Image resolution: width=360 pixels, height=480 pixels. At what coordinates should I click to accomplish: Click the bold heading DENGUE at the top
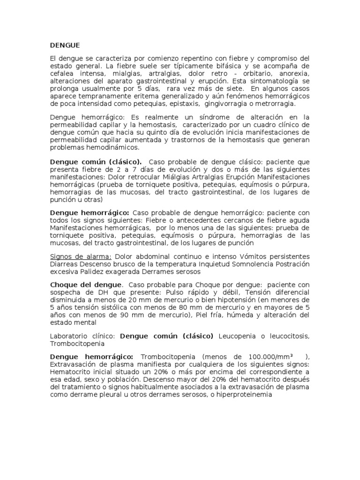(x=65, y=45)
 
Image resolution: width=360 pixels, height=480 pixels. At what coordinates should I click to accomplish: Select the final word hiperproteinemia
(x=245, y=395)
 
